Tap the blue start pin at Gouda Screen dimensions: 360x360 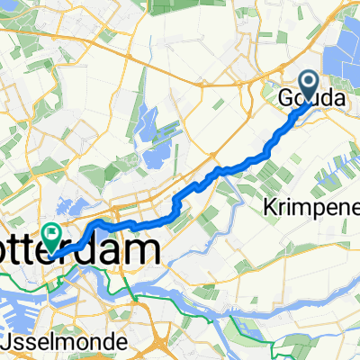(308, 87)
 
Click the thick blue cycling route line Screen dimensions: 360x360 (216, 173)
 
